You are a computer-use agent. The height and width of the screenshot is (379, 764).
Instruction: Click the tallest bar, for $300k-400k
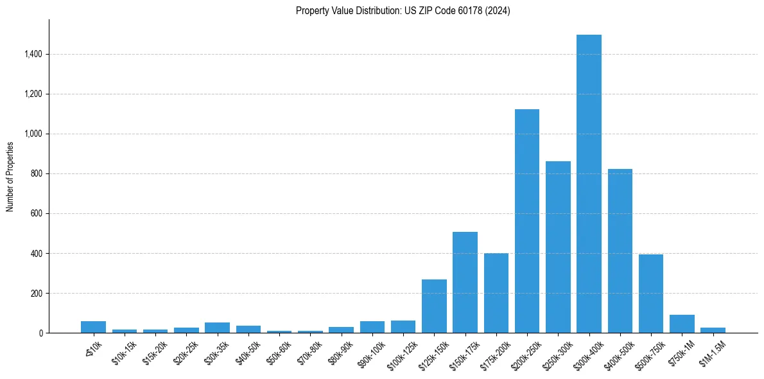tap(589, 186)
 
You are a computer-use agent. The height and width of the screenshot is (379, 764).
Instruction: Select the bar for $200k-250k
tap(527, 222)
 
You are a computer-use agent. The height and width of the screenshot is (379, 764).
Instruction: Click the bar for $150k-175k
tap(465, 283)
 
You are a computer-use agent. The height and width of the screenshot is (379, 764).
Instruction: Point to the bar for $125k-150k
tap(434, 306)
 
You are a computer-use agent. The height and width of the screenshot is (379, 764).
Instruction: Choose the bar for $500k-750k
tap(651, 294)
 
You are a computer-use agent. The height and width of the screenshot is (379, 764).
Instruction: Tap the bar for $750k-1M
tap(682, 324)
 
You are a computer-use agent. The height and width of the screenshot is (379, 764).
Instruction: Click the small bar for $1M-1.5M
tap(713, 330)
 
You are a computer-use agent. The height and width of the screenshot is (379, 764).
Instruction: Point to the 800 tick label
tap(36, 174)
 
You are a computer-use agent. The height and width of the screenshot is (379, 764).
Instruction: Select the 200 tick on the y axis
tap(36, 294)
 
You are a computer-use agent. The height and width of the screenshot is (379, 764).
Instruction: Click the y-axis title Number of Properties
tap(10, 176)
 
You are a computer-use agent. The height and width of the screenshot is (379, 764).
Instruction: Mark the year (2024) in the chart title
tap(498, 11)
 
